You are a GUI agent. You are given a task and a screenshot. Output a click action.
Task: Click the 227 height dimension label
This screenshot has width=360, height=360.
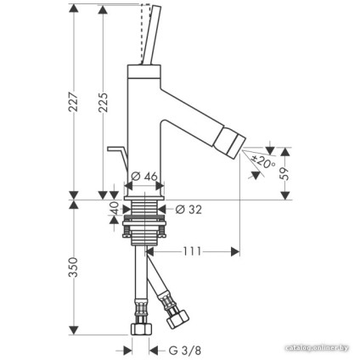(73, 102)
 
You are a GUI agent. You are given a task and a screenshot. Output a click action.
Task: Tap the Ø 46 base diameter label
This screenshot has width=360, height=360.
(146, 177)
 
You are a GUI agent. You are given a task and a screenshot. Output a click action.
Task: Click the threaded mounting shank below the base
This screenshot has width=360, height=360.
(146, 213)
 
